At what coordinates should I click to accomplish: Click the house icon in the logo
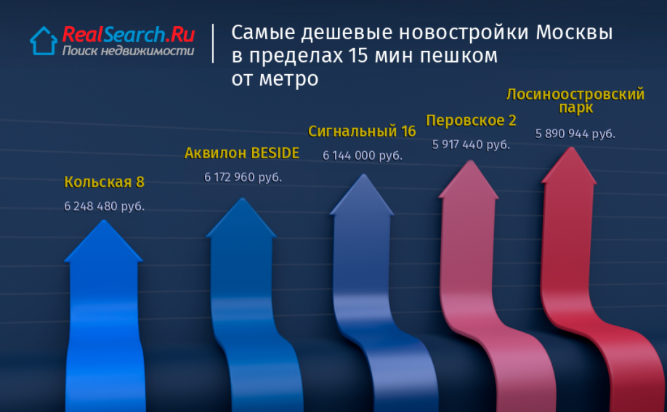[44, 41]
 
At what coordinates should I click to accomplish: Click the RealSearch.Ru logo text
[129, 34]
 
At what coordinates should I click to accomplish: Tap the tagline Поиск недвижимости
[128, 51]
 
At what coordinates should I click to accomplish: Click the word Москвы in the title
[574, 33]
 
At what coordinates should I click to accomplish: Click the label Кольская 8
[104, 182]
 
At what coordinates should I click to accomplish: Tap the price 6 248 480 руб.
[104, 206]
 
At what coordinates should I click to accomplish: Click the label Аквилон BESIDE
[242, 153]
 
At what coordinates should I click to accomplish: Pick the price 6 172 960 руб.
[243, 177]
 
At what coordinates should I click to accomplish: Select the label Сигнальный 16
[362, 132]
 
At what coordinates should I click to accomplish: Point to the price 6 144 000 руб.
[363, 155]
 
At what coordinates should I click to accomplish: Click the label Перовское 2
[472, 121]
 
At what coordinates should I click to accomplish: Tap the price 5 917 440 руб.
[471, 145]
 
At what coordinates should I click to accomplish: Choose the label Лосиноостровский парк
[575, 101]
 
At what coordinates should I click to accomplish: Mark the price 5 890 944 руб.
[575, 134]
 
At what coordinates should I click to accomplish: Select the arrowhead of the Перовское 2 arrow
[469, 180]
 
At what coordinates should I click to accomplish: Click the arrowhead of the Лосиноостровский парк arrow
[570, 166]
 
